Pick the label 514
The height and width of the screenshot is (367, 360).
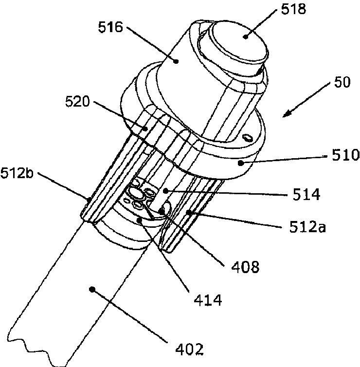click(x=306, y=195)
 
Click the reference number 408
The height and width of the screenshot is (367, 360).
click(x=243, y=266)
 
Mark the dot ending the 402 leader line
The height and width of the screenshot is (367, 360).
click(x=92, y=290)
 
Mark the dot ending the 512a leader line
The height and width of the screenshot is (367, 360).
click(x=188, y=212)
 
